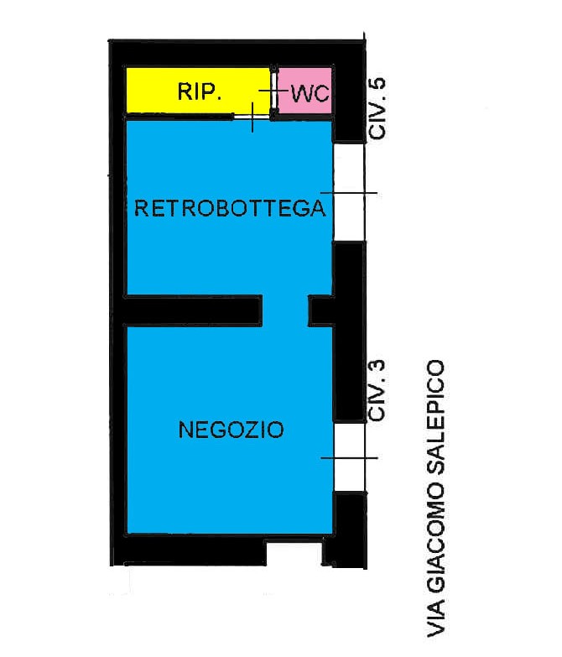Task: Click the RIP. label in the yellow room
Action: tap(199, 91)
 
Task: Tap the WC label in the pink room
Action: tap(310, 93)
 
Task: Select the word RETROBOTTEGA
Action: tap(230, 208)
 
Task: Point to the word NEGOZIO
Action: tap(232, 430)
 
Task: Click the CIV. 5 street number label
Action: tap(377, 108)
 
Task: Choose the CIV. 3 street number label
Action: tap(377, 390)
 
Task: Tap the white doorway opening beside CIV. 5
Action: tap(349, 192)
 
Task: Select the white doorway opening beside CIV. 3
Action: tap(350, 456)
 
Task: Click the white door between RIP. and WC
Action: tap(274, 91)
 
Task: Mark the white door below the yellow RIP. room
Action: tap(252, 117)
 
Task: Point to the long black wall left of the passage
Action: tap(193, 310)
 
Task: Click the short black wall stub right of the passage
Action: tap(321, 310)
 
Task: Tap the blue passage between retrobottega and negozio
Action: tap(285, 310)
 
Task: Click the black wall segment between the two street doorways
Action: tap(350, 331)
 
